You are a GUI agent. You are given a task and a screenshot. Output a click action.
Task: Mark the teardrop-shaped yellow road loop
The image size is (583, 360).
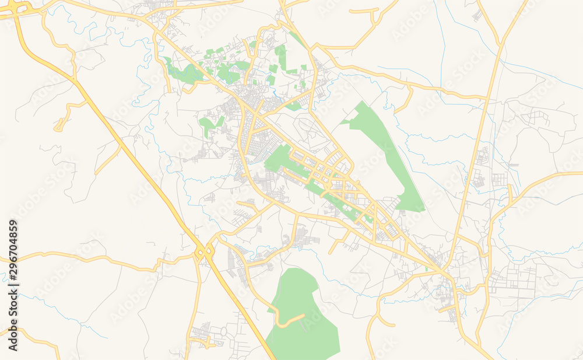pos(60,124)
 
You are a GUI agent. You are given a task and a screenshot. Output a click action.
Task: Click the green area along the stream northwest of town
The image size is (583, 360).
pos(185,74)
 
